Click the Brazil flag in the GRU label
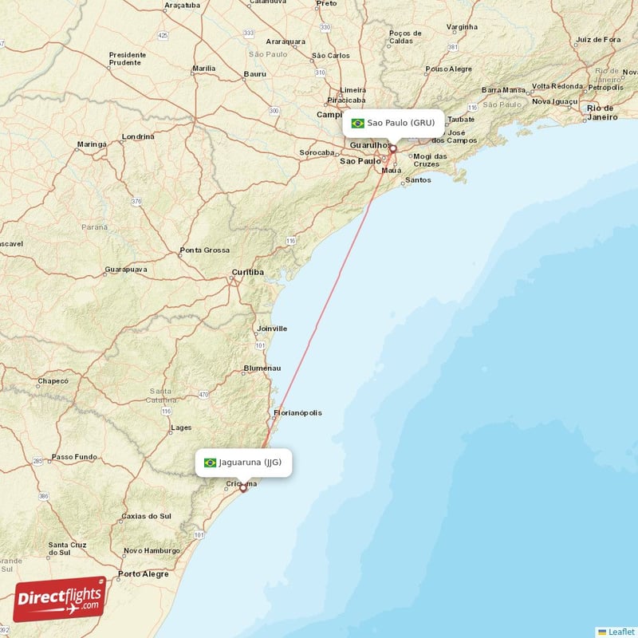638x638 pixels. pyautogui.click(x=358, y=124)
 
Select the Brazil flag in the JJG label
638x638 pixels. pyautogui.click(x=211, y=463)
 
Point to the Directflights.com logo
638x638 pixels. pyautogui.click(x=60, y=598)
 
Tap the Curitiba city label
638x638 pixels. pyautogui.click(x=247, y=273)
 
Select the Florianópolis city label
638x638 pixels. pyautogui.click(x=297, y=413)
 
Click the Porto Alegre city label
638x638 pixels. pyautogui.click(x=143, y=574)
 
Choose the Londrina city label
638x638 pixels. pyautogui.click(x=138, y=136)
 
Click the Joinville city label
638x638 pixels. pyautogui.click(x=272, y=329)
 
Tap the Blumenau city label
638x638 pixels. pyautogui.click(x=262, y=368)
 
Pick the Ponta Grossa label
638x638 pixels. pyautogui.click(x=204, y=250)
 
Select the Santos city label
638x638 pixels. pyautogui.click(x=418, y=180)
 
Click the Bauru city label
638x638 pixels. pyautogui.click(x=255, y=73)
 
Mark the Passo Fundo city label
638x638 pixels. pyautogui.click(x=73, y=457)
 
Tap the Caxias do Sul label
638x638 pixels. pyautogui.click(x=146, y=516)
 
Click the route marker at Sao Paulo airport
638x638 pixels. pyautogui.click(x=392, y=148)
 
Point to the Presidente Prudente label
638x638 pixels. pyautogui.click(x=128, y=60)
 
